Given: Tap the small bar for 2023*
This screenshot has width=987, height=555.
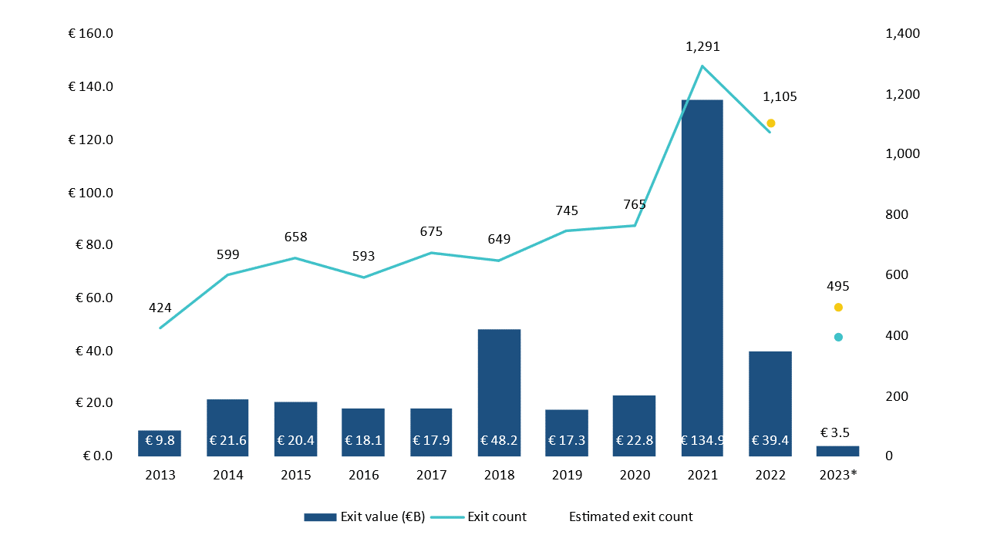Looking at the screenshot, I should point(837,451).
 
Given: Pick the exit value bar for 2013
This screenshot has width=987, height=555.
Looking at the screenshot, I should point(160,443).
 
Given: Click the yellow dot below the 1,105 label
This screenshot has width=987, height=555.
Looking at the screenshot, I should point(770,123).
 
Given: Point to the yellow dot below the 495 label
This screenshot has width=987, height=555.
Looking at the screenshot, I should point(838,308).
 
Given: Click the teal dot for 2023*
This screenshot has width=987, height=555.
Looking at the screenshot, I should point(838,337).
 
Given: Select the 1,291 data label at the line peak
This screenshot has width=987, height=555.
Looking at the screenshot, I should point(702,47).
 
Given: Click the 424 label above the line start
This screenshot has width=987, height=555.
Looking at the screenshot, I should point(160,308).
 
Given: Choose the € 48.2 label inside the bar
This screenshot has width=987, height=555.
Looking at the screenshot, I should point(499,441).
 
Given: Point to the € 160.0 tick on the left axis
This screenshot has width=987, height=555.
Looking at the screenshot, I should point(91,34).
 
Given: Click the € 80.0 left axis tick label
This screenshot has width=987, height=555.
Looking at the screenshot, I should point(94,245).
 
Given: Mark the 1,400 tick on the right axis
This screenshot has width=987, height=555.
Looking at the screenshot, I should point(903,34).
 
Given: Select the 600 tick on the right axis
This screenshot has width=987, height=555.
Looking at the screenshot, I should point(895,275).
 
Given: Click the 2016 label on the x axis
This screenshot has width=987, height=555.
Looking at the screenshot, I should point(363,475).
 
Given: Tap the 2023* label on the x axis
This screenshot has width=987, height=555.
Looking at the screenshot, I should point(837,475).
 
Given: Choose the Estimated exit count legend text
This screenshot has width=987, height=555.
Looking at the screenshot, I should point(631,516).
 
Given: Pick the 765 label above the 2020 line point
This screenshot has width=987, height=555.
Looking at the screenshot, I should point(635,205).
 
